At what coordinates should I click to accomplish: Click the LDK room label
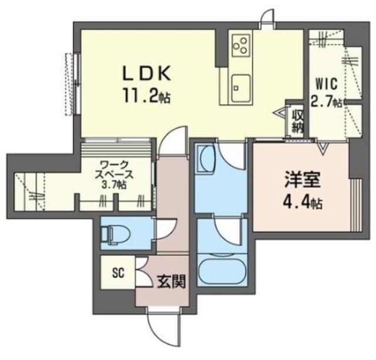tap(146, 73)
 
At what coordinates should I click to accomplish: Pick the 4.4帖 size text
tap(300, 203)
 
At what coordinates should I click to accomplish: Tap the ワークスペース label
tap(116, 169)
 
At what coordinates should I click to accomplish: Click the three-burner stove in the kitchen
tap(240, 43)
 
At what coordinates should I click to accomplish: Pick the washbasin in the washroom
tap(207, 159)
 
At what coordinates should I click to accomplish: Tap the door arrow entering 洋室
tap(323, 149)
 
